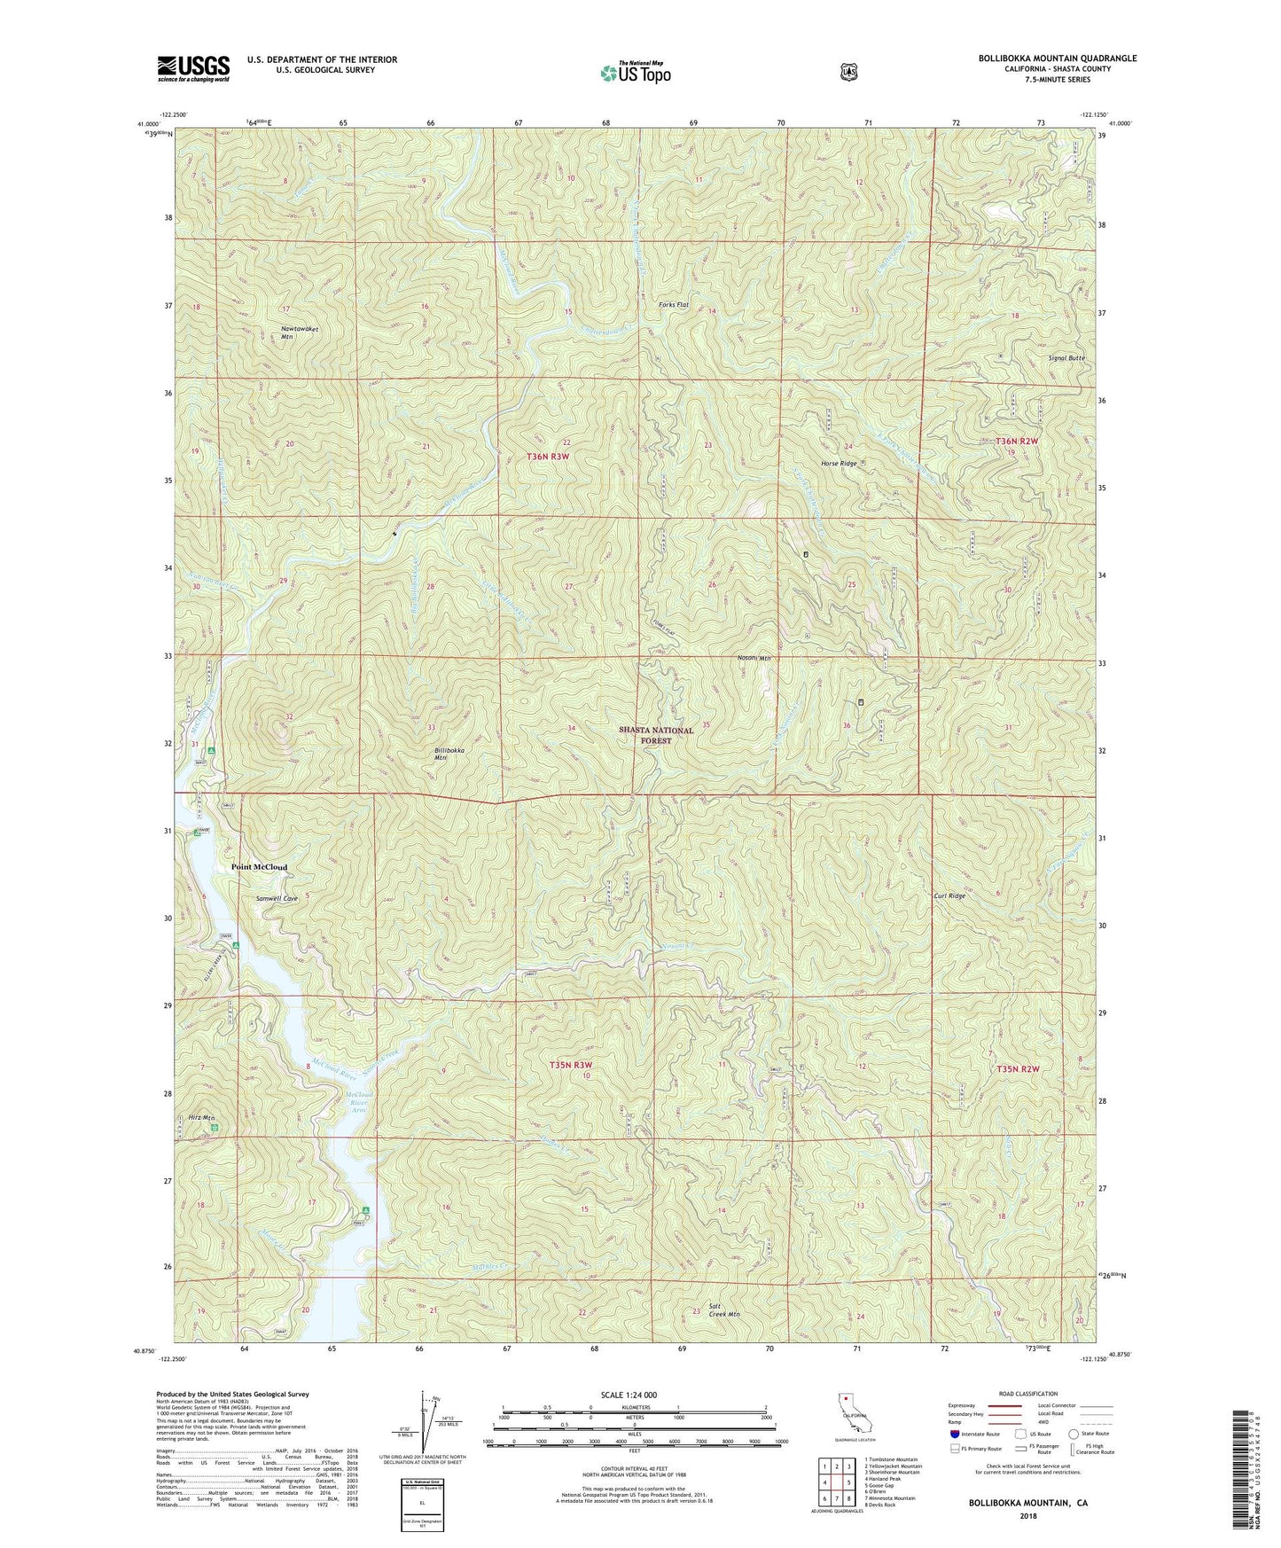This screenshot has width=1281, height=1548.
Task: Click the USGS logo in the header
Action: coord(193,67)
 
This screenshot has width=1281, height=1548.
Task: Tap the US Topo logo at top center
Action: coord(634,73)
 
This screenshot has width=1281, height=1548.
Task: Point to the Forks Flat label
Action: coord(674,305)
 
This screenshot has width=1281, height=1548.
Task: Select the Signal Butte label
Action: coord(1066,358)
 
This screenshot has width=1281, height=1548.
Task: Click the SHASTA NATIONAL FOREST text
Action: coord(656,735)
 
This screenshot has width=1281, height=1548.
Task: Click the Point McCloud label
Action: coord(259,867)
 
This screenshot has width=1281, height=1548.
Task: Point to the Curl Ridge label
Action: coord(949,895)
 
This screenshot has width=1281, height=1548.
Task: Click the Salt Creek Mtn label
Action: coord(724,1310)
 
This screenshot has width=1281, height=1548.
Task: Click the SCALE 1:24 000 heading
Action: coord(629,1395)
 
